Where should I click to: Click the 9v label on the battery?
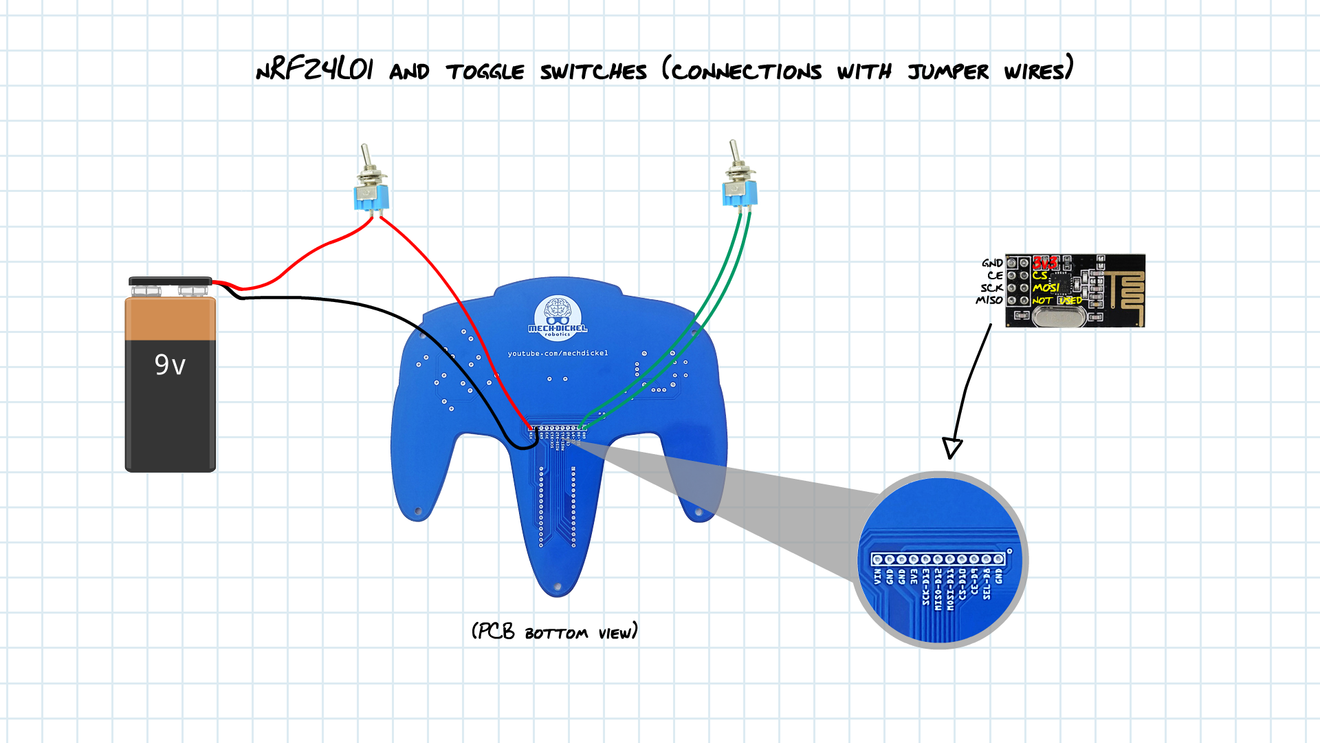coord(170,364)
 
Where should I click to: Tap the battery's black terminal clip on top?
coord(170,281)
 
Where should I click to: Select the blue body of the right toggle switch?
coord(740,193)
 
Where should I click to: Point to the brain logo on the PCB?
coord(557,312)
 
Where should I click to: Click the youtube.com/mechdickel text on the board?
coord(558,354)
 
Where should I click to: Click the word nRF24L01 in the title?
coord(314,69)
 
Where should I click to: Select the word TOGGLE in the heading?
coord(485,72)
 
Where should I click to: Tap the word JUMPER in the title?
coord(948,72)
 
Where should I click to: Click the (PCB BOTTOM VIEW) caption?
coord(554,632)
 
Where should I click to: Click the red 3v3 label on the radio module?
coord(1044,263)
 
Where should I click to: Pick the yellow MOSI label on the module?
coord(1046,288)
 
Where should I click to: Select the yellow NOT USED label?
coord(1057,301)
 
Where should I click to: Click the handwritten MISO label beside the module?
coord(989,300)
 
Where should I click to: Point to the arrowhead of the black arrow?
coord(952,449)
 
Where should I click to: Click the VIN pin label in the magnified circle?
coord(877,577)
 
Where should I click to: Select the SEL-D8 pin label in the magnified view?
coord(987,583)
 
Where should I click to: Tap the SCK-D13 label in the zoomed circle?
coord(926,587)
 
